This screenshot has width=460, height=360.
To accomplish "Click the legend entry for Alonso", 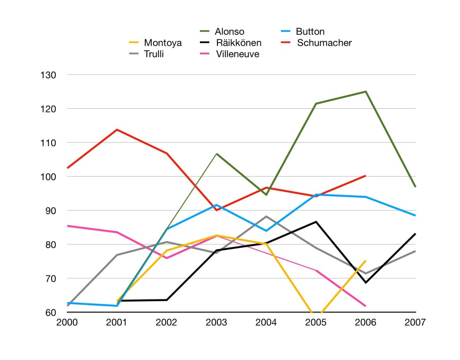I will (x=229, y=31).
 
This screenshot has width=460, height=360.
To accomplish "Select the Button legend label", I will (x=310, y=31).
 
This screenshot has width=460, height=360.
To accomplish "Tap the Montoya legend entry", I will (x=163, y=43).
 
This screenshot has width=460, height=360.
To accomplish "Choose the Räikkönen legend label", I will (x=238, y=43).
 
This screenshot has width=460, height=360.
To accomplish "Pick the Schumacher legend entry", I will (x=324, y=43).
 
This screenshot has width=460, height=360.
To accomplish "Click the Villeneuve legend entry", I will (x=237, y=54).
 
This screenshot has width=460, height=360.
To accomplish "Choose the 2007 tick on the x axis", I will (x=416, y=323).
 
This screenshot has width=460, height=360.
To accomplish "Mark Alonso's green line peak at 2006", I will (x=366, y=92).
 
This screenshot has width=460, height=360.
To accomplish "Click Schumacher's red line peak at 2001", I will (x=117, y=130).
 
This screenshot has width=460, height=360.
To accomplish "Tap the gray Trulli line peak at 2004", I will (x=266, y=217).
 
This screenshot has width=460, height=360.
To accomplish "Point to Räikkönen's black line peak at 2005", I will (x=316, y=222).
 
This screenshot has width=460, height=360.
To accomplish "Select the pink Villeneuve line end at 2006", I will (x=366, y=306).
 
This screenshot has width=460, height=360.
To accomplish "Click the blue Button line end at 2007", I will (x=416, y=216).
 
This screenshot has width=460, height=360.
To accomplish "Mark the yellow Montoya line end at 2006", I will (x=366, y=261).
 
